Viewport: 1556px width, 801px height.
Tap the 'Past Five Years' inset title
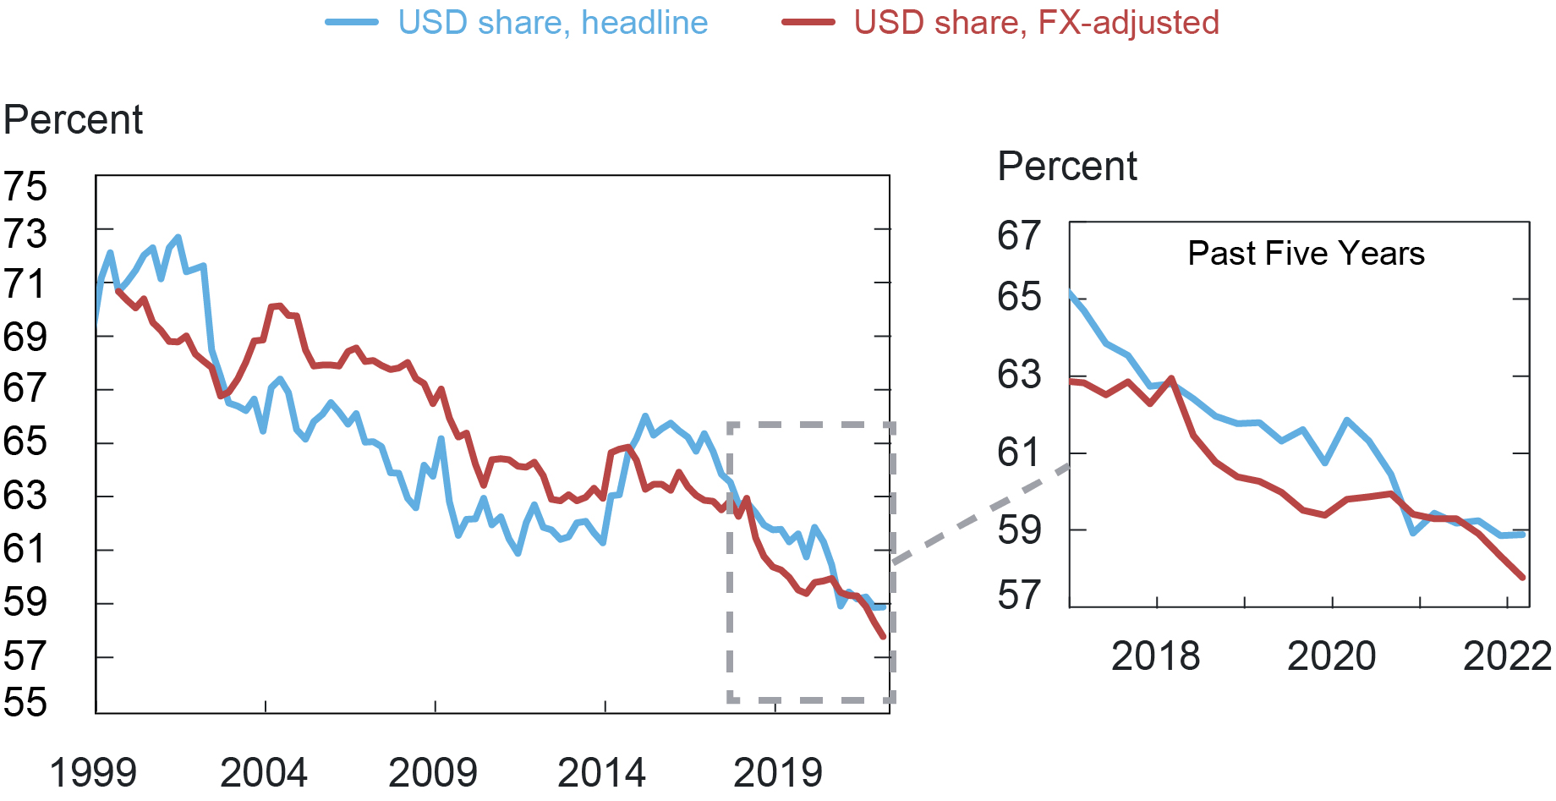pyautogui.click(x=1306, y=254)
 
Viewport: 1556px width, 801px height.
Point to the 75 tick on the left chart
pyautogui.click(x=25, y=186)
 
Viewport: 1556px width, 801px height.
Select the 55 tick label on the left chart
pyautogui.click(x=25, y=702)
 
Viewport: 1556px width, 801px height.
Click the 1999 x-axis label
pyautogui.click(x=93, y=772)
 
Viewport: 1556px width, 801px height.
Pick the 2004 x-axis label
pyautogui.click(x=264, y=772)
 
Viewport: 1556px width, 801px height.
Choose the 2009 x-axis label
pyautogui.click(x=433, y=772)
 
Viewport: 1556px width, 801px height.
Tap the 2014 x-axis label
pyautogui.click(x=602, y=772)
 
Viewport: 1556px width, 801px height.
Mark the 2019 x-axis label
pyautogui.click(x=778, y=772)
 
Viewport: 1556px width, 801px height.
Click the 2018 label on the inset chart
pyautogui.click(x=1155, y=656)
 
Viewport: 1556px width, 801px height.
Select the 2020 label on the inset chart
pyautogui.click(x=1332, y=656)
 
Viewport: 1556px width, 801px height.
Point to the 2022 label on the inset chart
pyautogui.click(x=1507, y=656)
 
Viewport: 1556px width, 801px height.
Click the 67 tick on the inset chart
pyautogui.click(x=1019, y=235)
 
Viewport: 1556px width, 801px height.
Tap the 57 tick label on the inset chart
pyautogui.click(x=1019, y=595)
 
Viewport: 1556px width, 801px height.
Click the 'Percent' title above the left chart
pyautogui.click(x=74, y=120)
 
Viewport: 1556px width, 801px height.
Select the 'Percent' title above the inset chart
pyautogui.click(x=1067, y=167)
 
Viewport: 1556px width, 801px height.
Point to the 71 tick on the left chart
pyautogui.click(x=25, y=284)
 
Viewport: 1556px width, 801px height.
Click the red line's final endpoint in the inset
pyautogui.click(x=1523, y=578)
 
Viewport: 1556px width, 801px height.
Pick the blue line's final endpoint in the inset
pyautogui.click(x=1523, y=534)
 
